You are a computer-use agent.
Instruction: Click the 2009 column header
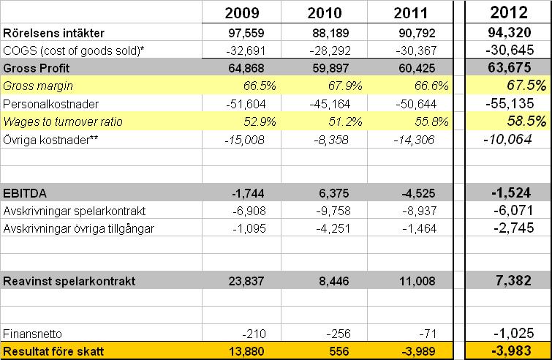[x=240, y=14]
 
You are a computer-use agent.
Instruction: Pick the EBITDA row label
[x=27, y=194]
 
